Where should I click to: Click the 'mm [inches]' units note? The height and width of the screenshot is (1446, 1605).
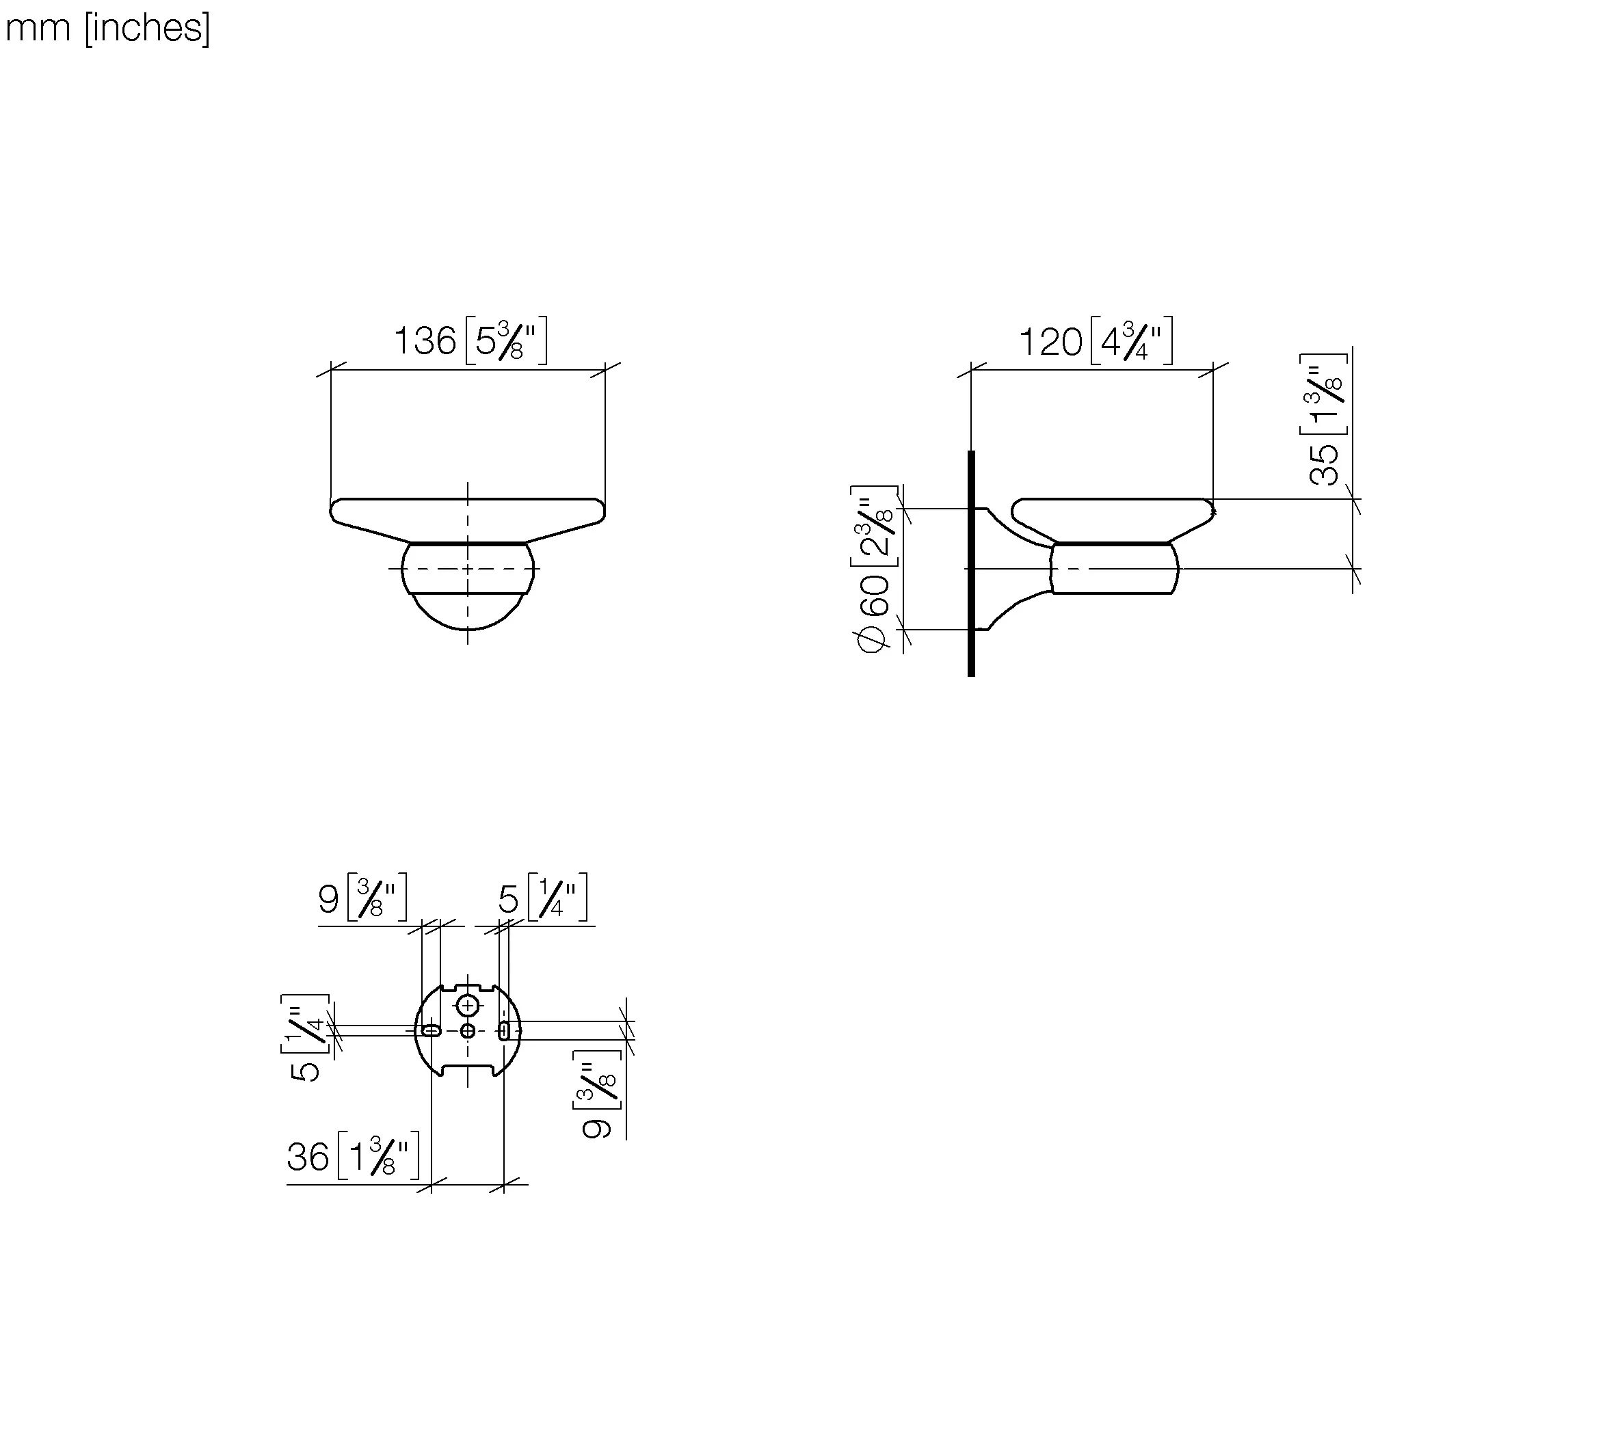(x=107, y=29)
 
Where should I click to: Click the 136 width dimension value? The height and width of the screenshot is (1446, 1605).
(x=425, y=342)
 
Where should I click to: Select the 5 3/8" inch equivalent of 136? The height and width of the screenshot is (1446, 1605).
(x=506, y=342)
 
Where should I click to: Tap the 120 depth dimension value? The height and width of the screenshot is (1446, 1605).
(x=1050, y=343)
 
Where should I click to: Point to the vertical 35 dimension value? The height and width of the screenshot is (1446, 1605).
(x=1325, y=464)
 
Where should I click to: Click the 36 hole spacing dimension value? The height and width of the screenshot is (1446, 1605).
(x=308, y=1157)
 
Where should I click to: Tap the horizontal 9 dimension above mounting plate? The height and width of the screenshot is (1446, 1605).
(x=328, y=899)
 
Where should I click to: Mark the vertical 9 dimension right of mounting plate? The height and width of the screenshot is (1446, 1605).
(x=596, y=1127)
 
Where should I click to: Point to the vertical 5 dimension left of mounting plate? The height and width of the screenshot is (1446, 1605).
(x=305, y=1070)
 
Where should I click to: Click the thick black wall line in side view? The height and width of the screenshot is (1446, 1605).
(x=971, y=563)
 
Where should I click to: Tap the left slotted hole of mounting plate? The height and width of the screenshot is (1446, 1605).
(x=431, y=1030)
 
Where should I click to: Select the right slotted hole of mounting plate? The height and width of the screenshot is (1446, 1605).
(x=504, y=1031)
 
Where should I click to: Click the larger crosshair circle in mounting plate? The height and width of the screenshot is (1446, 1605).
(x=468, y=1006)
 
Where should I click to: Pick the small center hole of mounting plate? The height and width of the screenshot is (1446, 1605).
(x=468, y=1030)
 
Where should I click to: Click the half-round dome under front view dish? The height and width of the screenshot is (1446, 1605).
(x=468, y=610)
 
